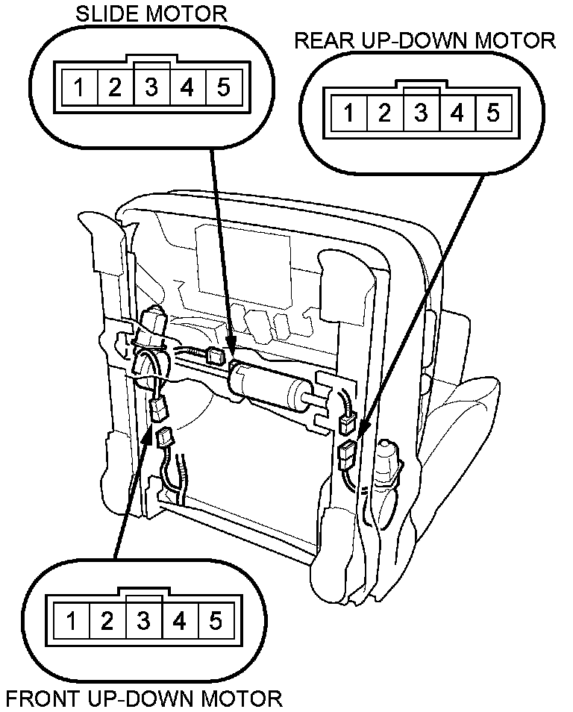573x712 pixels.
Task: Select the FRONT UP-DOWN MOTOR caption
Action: tap(144, 699)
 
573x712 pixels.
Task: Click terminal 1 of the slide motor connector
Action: tap(79, 87)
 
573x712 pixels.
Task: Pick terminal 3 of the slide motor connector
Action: tap(151, 87)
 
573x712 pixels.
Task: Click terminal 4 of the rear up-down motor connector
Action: tap(457, 113)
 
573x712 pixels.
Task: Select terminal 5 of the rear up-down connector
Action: tap(493, 113)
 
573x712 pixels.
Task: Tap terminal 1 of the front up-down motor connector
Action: tap(72, 619)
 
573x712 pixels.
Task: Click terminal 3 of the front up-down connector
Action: tap(144, 619)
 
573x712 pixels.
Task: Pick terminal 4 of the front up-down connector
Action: tap(180, 619)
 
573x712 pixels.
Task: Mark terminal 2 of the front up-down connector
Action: tap(107, 619)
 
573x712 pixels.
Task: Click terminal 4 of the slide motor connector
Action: tap(187, 87)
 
